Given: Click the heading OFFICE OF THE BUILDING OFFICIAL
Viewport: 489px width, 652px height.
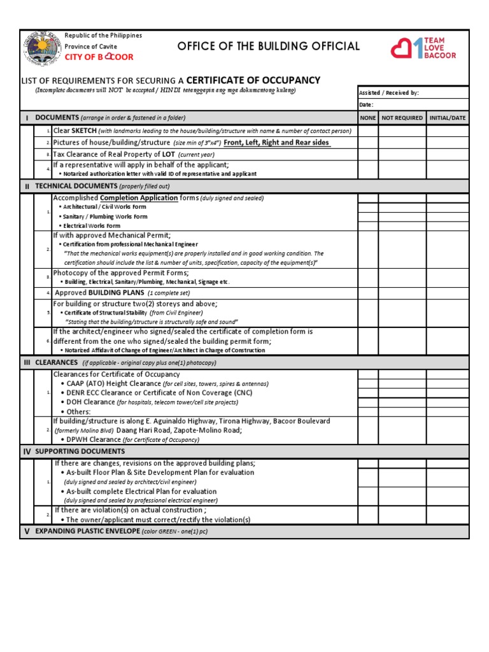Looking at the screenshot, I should pos(268,46).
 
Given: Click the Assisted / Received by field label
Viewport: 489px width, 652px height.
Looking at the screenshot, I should pos(389,93).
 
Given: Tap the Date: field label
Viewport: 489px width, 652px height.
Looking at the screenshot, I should pos(366,104).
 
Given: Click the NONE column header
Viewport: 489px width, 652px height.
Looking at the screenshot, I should pos(368,118).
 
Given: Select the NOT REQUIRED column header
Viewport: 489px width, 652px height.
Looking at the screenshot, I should pos(402,118).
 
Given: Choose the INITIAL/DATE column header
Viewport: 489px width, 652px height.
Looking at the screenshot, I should pos(448,118).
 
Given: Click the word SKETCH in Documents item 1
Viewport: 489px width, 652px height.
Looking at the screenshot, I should pos(84,131).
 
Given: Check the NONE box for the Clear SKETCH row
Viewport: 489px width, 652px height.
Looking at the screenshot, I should pos(368,131).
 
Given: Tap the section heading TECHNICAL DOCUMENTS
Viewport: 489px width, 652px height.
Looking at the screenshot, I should pos(76,186).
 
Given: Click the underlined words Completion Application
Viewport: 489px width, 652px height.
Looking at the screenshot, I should pos(138,198).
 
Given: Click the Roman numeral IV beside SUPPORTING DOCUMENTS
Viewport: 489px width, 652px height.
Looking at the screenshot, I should pos(27,451).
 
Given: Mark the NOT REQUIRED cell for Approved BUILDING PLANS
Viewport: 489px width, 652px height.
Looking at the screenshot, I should pos(402,292).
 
